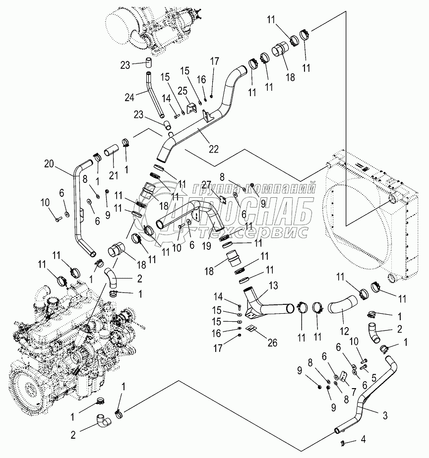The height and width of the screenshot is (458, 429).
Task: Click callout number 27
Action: [207, 184]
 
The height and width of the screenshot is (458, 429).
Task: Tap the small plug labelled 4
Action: [342, 441]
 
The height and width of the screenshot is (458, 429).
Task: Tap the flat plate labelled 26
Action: [251, 328]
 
